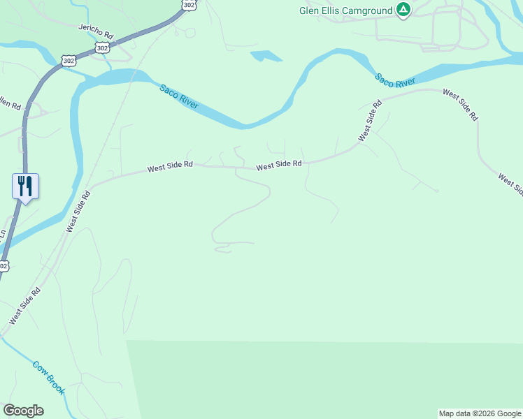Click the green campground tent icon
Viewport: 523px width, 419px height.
click(x=403, y=10)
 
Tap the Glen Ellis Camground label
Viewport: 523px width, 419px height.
click(x=345, y=10)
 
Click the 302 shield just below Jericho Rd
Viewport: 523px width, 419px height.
click(x=103, y=47)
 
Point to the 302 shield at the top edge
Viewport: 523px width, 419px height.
click(x=189, y=4)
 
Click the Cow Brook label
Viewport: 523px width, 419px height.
click(x=48, y=378)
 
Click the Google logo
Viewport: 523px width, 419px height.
click(x=23, y=411)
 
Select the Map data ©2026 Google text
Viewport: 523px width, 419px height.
click(x=480, y=413)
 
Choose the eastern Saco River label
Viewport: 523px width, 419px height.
click(x=396, y=81)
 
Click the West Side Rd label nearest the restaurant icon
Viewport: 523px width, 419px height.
click(x=79, y=211)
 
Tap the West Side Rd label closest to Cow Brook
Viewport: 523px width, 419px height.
click(x=25, y=304)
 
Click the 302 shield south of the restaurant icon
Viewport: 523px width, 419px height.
click(x=3, y=265)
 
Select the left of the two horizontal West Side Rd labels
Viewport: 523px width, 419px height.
click(x=169, y=168)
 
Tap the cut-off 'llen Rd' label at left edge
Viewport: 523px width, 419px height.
click(x=10, y=104)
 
